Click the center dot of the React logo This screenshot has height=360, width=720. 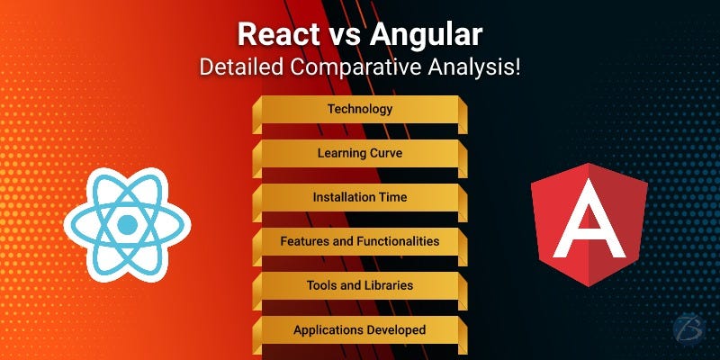[x=127, y=224]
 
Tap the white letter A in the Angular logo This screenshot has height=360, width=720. [x=589, y=223]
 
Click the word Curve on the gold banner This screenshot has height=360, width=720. [x=385, y=153]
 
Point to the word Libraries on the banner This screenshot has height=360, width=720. [x=388, y=285]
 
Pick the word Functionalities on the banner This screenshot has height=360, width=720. [x=398, y=241]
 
